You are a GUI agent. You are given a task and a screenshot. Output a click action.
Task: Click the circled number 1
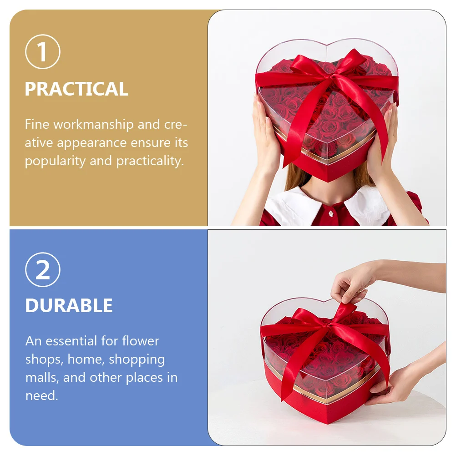(43, 52)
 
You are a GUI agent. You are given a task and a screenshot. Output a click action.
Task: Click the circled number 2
(43, 269)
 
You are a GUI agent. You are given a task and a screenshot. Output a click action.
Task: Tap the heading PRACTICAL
(76, 89)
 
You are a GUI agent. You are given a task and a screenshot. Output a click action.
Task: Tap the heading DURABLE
(69, 305)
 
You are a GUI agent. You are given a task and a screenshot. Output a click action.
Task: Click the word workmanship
(94, 124)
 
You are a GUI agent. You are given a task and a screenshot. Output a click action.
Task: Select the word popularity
(55, 161)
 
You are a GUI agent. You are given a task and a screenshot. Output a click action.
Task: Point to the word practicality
(150, 161)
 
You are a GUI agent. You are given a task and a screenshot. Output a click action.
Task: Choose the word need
(41, 395)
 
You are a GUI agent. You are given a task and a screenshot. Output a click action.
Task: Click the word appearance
(91, 143)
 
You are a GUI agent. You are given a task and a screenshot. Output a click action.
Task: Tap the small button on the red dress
(331, 214)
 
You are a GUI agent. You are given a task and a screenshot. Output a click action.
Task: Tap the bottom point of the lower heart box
(328, 423)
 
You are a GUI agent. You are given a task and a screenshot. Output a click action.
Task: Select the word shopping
(137, 360)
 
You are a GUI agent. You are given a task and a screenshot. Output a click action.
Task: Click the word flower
(141, 341)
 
